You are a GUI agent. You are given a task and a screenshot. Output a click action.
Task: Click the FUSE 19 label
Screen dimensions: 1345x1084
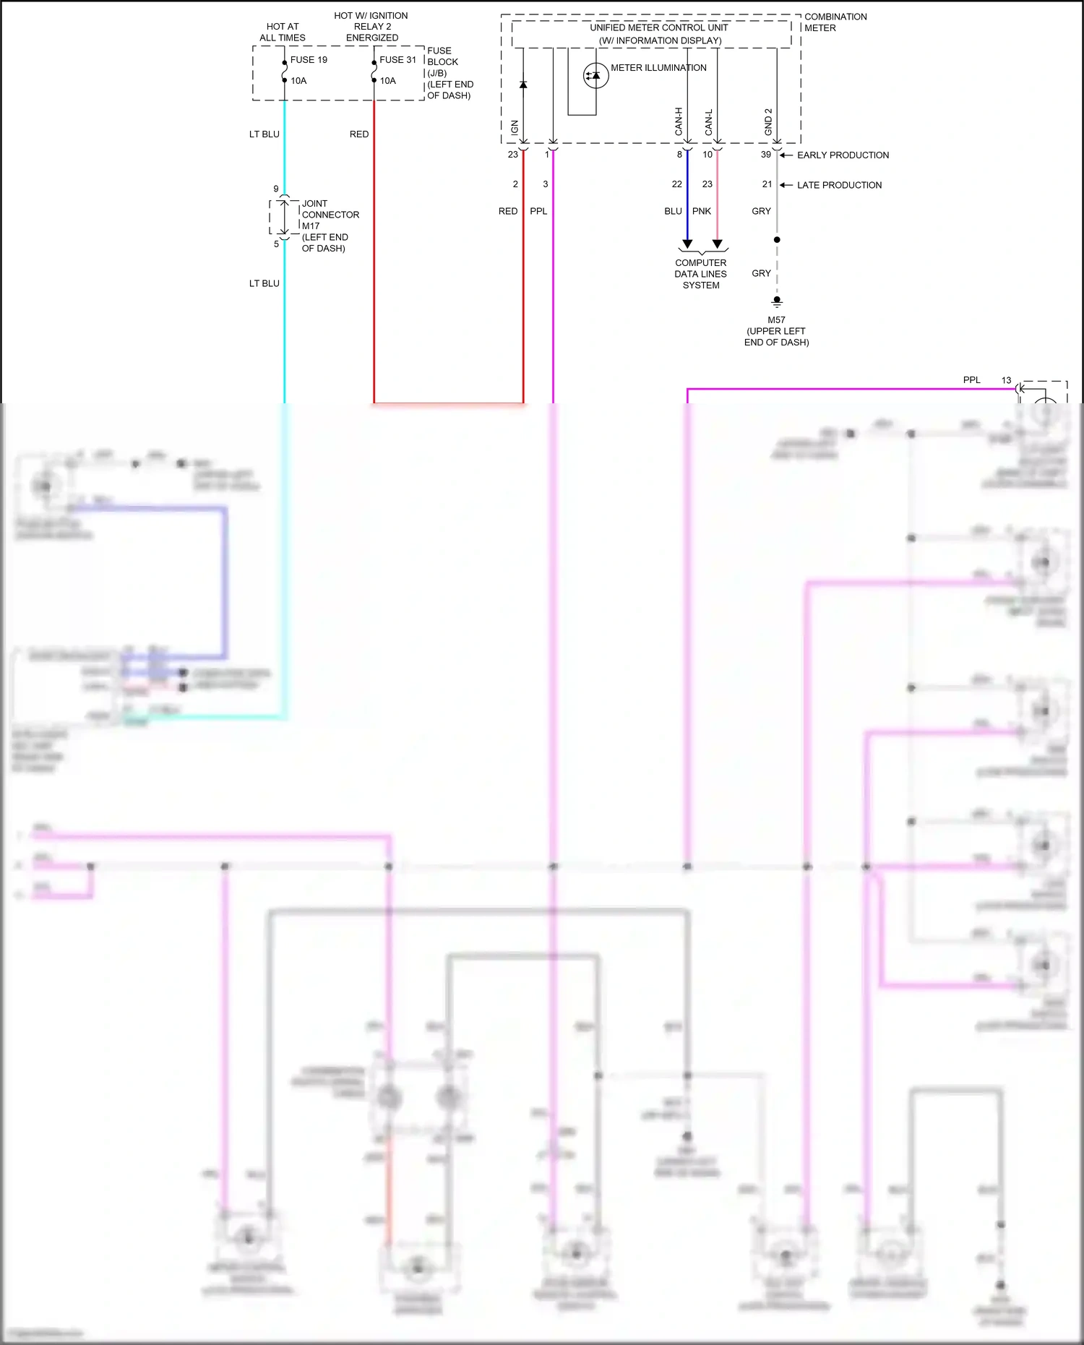309,60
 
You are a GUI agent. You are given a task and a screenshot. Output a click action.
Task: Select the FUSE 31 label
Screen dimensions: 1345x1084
397,60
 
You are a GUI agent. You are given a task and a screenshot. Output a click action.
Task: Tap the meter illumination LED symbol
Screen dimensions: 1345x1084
595,75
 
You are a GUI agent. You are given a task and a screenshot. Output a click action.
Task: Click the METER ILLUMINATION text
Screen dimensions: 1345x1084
658,68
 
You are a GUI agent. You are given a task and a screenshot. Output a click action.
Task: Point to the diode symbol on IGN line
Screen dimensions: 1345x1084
523,85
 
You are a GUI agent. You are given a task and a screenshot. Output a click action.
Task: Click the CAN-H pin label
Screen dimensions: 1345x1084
679,121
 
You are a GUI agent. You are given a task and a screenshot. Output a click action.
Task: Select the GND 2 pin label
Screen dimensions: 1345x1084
768,121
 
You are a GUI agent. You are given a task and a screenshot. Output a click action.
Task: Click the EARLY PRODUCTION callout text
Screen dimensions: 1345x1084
843,155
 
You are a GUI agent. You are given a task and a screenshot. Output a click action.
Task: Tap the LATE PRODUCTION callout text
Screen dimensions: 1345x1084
839,185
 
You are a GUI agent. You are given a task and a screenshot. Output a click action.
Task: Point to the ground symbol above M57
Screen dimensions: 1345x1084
777,301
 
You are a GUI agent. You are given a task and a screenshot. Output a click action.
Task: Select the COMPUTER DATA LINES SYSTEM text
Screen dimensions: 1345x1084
701,274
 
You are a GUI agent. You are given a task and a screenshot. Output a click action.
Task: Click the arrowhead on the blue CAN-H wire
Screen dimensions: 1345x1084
687,244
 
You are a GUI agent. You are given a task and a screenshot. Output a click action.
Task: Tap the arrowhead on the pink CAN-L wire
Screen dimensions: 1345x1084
717,244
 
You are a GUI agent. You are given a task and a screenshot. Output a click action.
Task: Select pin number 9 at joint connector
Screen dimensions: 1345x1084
276,189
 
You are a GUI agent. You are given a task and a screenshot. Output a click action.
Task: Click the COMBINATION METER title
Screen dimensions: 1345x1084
835,22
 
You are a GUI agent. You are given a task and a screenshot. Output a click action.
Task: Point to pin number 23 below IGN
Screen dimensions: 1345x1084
512,155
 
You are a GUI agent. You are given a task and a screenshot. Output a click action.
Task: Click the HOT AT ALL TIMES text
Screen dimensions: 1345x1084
283,32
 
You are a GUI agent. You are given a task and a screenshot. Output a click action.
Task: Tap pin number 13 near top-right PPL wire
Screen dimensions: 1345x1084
1006,380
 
